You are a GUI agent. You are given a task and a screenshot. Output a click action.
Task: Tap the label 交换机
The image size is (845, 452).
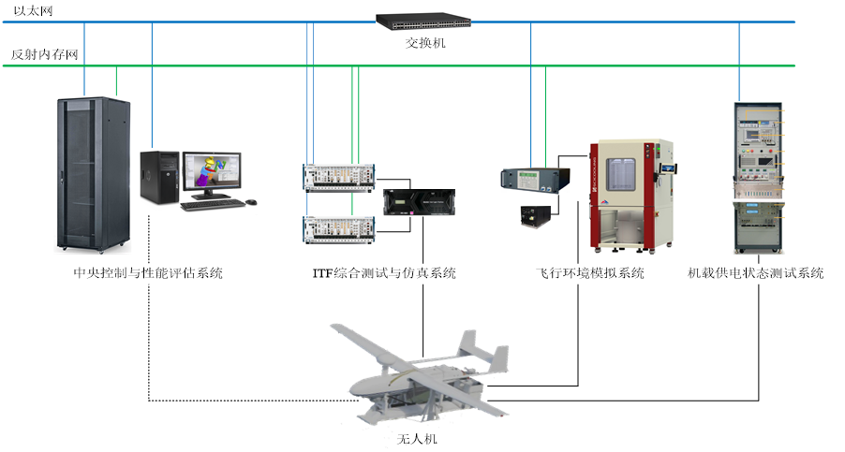click(419, 43)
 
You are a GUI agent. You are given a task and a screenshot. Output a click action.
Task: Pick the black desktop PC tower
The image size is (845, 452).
click(158, 177)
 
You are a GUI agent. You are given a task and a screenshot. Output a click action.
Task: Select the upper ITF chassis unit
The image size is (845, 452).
click(339, 174)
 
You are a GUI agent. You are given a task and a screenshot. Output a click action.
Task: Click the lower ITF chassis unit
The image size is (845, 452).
click(339, 226)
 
